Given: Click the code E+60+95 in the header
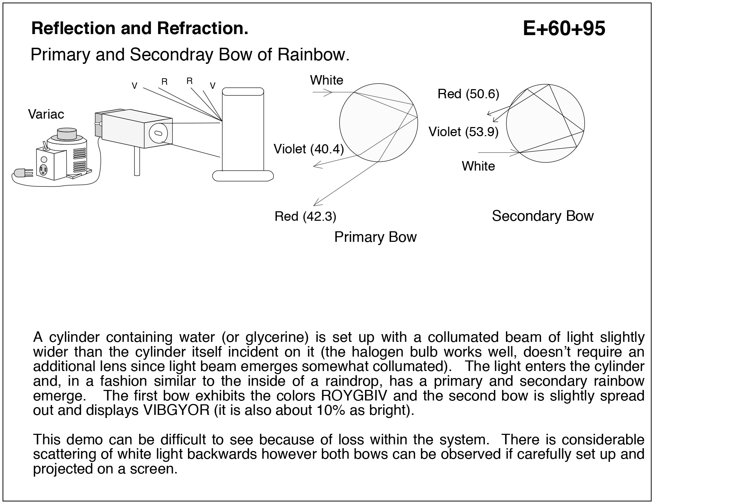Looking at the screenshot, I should (564, 28).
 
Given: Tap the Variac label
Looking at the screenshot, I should (46, 114).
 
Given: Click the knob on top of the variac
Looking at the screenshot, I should (67, 133).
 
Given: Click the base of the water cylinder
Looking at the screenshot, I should (243, 175).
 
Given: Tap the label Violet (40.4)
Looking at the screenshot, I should (308, 149).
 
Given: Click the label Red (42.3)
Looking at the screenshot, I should (305, 216).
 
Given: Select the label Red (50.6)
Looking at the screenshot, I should (468, 94).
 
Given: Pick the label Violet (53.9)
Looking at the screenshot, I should (463, 132).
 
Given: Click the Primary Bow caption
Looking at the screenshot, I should (375, 237).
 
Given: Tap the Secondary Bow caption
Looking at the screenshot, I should (542, 216).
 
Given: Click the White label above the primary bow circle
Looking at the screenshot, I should (326, 80).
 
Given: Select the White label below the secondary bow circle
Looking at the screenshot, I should (478, 166).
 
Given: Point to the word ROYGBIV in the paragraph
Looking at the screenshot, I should (354, 396).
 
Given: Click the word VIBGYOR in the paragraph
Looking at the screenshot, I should (176, 410).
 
